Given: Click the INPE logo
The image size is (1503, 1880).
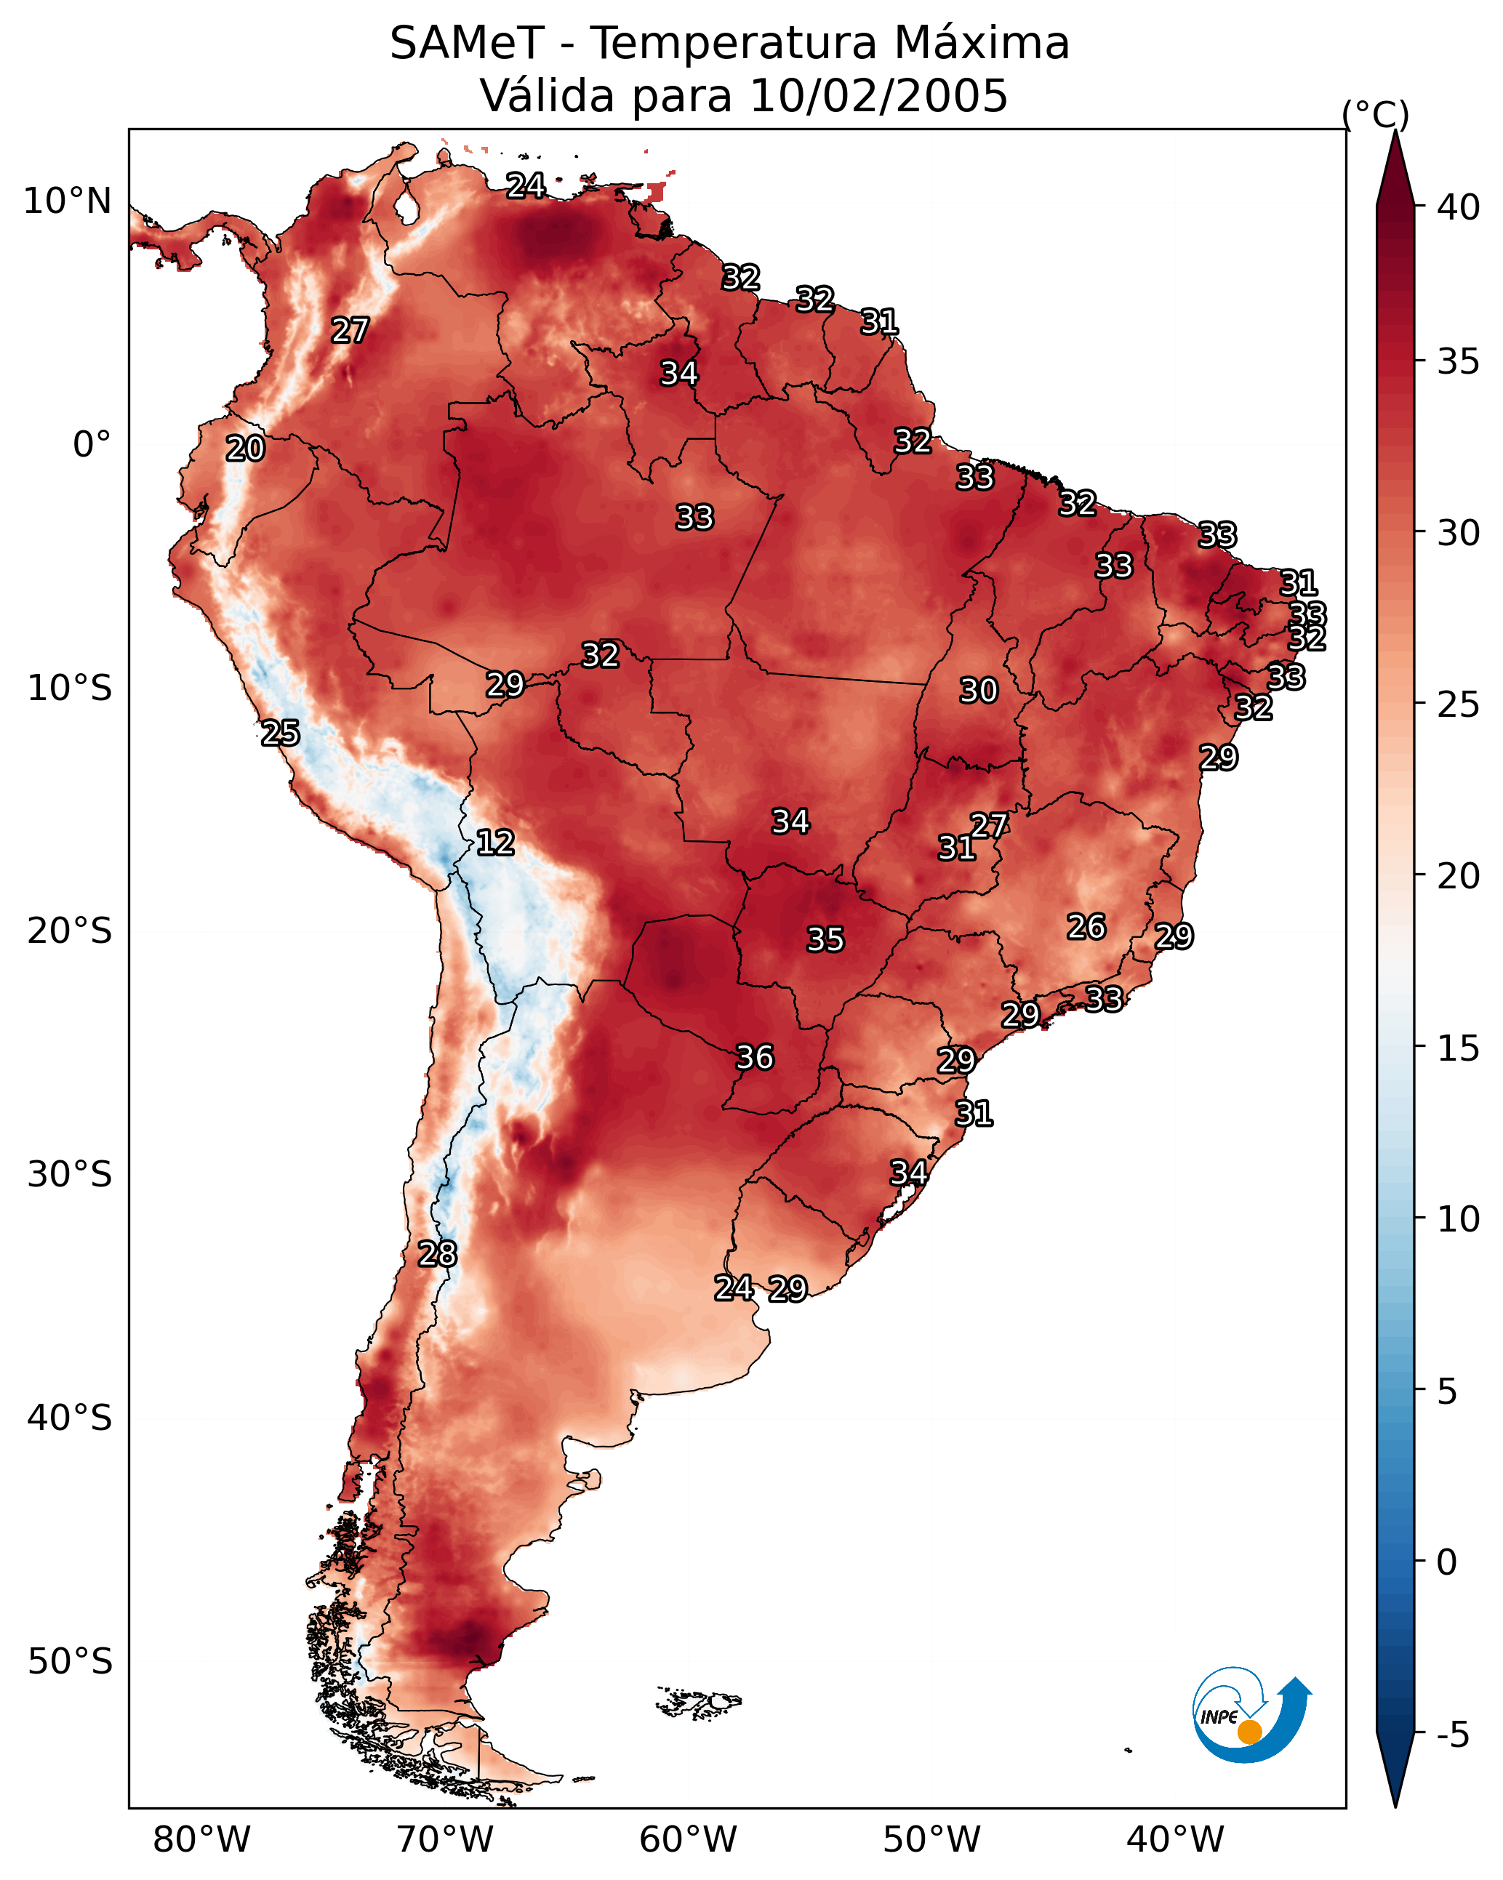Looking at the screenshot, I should pyautogui.click(x=1251, y=1716).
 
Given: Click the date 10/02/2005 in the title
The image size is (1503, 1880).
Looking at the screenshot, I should pyautogui.click(x=878, y=96).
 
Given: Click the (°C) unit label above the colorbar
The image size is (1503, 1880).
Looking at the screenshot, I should pyautogui.click(x=1376, y=114).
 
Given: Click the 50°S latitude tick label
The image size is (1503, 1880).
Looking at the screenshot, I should pyautogui.click(x=70, y=1662).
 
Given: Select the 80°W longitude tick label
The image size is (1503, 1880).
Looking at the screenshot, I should pyautogui.click(x=201, y=1840).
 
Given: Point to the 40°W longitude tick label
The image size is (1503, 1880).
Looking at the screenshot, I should pyautogui.click(x=1175, y=1840).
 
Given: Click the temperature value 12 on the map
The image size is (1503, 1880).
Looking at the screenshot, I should pyautogui.click(x=495, y=843).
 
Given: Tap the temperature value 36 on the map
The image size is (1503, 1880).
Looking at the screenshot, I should pyautogui.click(x=755, y=1058).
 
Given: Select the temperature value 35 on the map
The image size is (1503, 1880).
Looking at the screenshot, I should pyautogui.click(x=825, y=939).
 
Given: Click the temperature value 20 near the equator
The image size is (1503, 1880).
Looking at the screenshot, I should pyautogui.click(x=245, y=449).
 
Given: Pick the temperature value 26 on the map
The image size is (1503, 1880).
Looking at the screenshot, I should pyautogui.click(x=1086, y=927).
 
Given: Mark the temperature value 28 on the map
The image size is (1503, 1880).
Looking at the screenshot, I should pyautogui.click(x=437, y=1254).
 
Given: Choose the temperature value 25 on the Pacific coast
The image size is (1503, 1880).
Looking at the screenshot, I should pyautogui.click(x=281, y=734).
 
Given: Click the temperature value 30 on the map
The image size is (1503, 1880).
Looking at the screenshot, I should pyautogui.click(x=978, y=691).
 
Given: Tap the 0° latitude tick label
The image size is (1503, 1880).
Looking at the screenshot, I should pyautogui.click(x=92, y=445).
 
